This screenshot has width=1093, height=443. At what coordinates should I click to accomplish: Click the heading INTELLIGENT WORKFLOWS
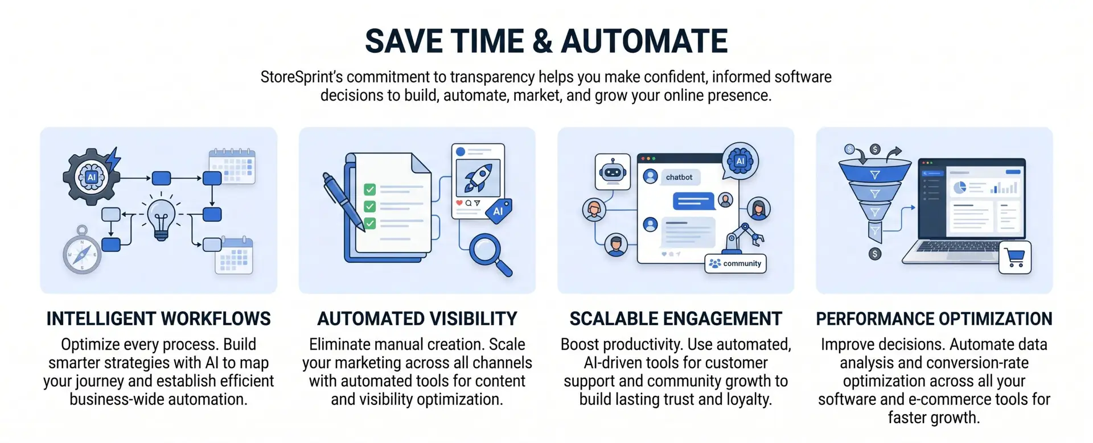(158, 319)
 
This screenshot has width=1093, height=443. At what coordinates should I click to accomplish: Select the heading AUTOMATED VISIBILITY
(417, 319)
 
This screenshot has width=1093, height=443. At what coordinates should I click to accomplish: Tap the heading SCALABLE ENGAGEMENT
(676, 319)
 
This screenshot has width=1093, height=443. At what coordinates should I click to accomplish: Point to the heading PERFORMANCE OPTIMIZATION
(934, 319)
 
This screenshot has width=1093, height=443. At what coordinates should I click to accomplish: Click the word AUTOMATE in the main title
(644, 42)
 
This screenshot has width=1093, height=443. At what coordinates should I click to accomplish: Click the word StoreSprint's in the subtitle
(302, 77)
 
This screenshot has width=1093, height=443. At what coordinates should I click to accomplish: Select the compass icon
(82, 250)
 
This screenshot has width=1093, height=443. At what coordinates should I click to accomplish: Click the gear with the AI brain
(91, 176)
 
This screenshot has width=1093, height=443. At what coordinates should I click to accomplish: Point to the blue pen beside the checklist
(343, 201)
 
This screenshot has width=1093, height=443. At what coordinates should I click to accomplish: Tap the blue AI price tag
(499, 211)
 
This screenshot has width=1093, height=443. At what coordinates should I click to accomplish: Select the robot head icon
(613, 171)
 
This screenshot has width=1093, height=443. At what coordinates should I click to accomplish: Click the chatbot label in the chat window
(679, 177)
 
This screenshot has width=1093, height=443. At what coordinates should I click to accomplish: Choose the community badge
(735, 263)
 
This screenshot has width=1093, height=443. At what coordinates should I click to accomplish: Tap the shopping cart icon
(1016, 258)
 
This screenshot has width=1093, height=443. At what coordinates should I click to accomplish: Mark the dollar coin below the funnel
(875, 254)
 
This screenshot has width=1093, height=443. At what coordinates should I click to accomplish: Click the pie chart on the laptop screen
(960, 188)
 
